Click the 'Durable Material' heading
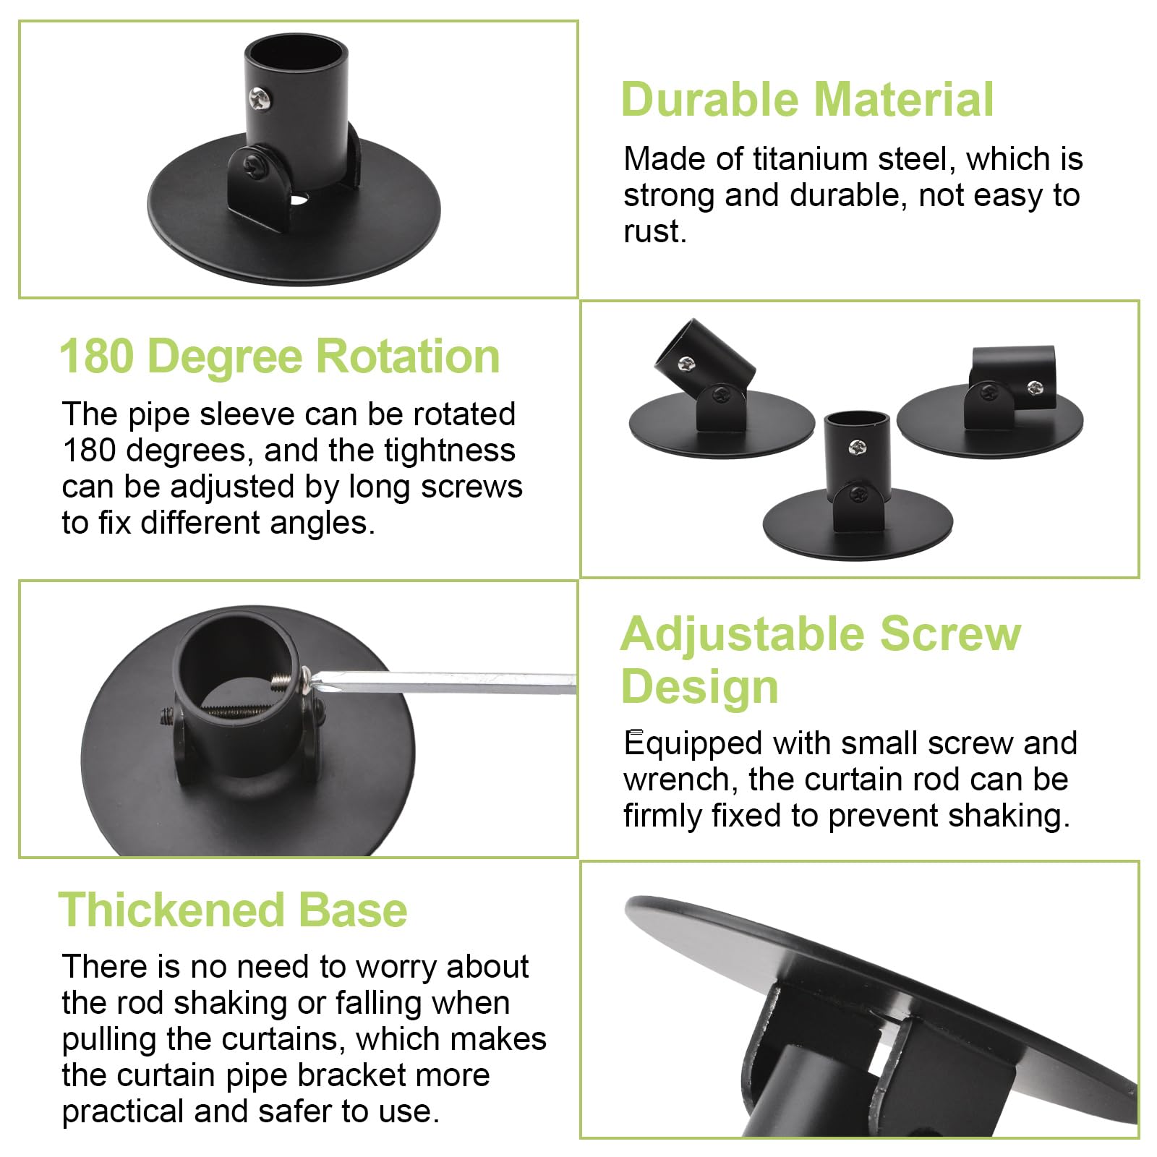[807, 99]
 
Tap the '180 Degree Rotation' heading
[279, 357]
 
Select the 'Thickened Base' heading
[232, 910]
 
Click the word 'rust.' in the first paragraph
[654, 232]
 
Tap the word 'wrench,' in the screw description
[680, 780]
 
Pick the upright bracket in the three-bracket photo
[858, 484]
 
